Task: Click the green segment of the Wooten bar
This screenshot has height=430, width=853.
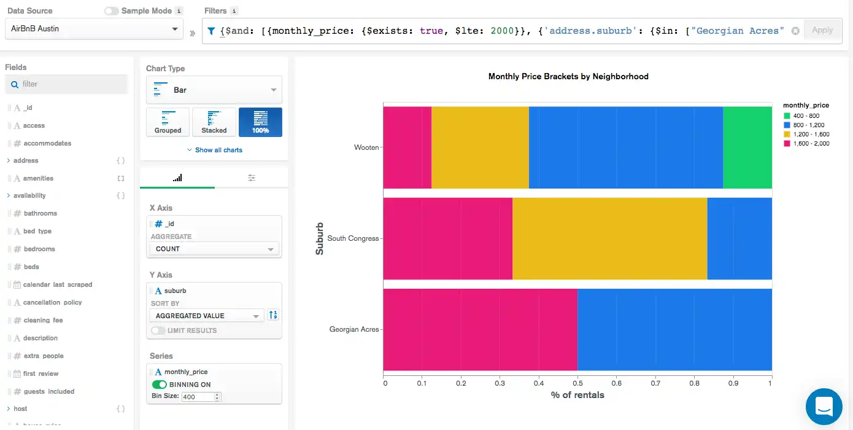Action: point(747,147)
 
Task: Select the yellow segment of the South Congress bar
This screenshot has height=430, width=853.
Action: point(609,238)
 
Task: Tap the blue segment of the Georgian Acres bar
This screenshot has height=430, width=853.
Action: point(674,329)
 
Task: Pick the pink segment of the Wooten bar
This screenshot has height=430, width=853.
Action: point(407,147)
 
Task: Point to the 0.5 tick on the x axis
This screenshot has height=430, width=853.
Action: point(577,383)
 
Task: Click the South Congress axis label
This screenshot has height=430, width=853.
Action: point(353,238)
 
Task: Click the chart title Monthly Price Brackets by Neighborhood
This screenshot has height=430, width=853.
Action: point(568,77)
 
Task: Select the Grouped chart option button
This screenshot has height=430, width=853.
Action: point(168,122)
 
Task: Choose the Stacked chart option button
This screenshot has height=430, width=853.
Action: point(214,122)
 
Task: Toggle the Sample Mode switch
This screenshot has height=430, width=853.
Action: point(112,11)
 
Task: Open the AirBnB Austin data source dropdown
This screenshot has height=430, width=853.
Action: point(94,29)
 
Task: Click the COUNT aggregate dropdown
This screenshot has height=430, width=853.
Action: point(214,249)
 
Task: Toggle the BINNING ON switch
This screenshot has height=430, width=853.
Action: point(160,385)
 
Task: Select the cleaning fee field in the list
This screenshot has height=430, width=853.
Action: point(43,320)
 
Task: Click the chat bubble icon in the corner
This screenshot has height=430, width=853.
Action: point(824,406)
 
